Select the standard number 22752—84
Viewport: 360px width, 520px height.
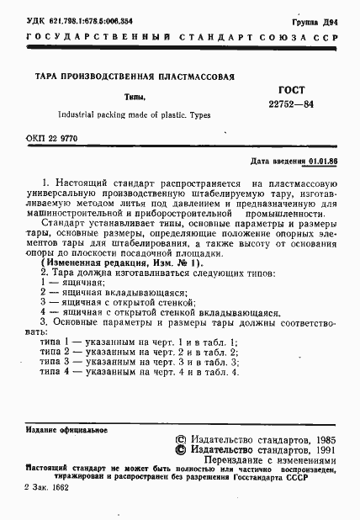pyautogui.click(x=291, y=103)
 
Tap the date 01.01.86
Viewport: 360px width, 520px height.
pyautogui.click(x=323, y=160)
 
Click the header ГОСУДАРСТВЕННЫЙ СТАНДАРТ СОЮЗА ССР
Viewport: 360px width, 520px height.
pyautogui.click(x=180, y=40)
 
